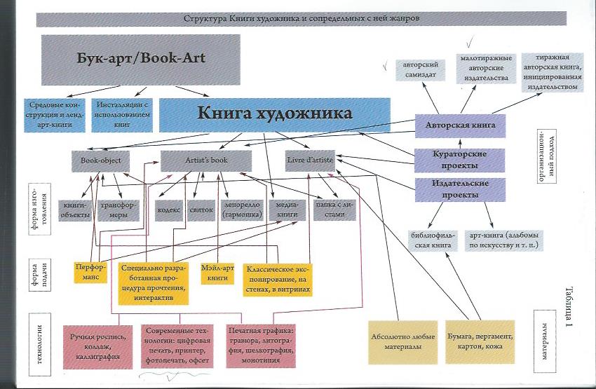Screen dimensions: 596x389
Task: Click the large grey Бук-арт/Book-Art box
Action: [141, 60]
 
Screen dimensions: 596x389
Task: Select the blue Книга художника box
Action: [274, 115]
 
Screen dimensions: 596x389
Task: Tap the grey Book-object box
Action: [101, 161]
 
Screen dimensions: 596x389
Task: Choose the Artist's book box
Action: [206, 161]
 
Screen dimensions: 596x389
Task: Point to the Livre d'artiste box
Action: [310, 161]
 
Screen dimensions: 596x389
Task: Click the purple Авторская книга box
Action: [460, 125]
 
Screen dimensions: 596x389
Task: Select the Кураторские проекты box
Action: [459, 161]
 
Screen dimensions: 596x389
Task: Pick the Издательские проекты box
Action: [460, 189]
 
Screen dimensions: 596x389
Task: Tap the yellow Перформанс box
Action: [90, 273]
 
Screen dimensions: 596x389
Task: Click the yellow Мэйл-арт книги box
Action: [217, 273]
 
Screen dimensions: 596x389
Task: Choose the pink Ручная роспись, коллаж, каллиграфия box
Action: [97, 347]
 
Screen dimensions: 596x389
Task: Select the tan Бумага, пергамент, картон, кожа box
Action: [480, 342]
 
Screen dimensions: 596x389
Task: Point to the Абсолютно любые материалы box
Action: [403, 342]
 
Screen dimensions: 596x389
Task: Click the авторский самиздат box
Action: [421, 70]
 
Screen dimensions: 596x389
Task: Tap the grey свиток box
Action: [201, 210]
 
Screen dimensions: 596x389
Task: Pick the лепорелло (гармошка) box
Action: [242, 210]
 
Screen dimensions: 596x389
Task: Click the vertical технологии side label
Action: [39, 345]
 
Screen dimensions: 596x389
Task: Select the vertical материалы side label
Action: [545, 341]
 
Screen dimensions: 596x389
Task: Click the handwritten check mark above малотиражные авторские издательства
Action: [470, 41]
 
